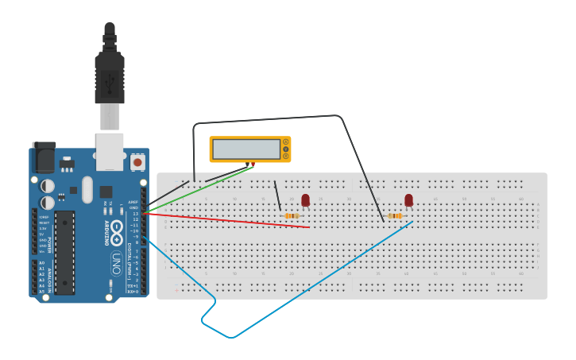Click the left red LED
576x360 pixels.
305,200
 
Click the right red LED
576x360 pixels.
408,200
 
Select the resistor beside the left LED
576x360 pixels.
292,215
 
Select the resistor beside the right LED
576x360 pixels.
395,215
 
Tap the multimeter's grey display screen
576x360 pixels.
246,149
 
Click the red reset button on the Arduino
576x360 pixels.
137,162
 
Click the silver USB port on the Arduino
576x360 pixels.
110,151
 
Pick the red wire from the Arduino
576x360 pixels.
230,219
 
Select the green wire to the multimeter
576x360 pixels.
199,190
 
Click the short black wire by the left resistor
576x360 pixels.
276,195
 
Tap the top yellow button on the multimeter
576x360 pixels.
285,142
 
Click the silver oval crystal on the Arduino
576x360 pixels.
87,189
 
